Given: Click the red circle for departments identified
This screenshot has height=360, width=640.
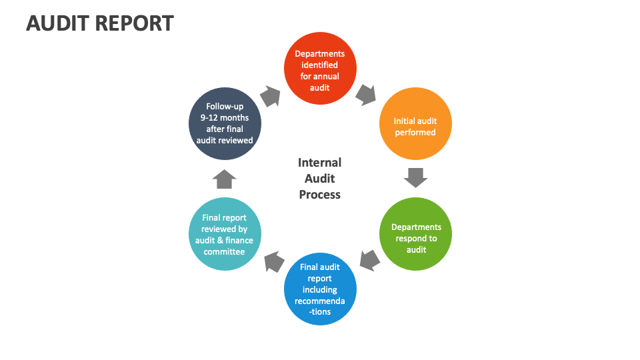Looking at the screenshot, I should point(320,69).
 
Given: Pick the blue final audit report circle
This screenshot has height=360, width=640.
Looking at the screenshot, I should point(320,289).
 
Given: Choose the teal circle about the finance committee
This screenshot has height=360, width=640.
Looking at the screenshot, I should point(225,234).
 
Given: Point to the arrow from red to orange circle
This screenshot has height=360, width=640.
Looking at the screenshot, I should point(366,94).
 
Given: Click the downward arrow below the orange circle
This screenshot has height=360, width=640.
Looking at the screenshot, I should point(415,177).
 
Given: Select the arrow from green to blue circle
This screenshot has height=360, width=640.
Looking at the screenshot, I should point(369,260).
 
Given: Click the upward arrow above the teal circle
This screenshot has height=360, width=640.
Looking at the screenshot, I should point(225,178).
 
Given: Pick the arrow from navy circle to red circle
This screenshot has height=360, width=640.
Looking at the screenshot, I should point(270,96).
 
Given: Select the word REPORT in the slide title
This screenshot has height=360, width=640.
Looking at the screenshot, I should point(135,23).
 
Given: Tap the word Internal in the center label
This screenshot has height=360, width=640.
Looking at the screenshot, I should point(320,163).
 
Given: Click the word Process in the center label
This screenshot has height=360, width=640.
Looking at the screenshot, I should point(320,195).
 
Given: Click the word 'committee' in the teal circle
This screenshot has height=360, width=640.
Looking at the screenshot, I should point(224,251).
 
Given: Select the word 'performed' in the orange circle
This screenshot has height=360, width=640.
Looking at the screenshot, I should point(415,132).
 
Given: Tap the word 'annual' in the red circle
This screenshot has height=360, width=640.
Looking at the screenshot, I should point(327,76).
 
